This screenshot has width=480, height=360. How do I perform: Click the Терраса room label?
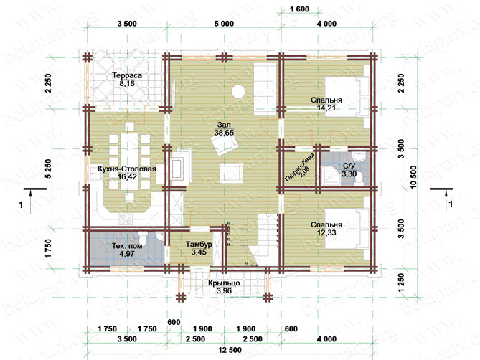(127, 75)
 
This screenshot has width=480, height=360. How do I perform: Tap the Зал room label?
(224, 125)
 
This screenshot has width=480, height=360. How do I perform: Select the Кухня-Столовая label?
(127, 169)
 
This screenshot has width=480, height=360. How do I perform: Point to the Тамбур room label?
(199, 245)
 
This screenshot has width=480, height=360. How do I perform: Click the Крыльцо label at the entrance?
(224, 283)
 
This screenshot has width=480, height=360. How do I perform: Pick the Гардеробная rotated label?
(300, 168)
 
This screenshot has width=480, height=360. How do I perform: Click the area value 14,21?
(326, 108)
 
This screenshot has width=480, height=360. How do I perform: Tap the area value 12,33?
(326, 232)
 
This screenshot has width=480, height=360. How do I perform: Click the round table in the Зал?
(238, 91)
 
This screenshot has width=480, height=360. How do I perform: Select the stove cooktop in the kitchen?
(126, 219)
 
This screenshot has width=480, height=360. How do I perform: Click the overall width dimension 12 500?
(230, 350)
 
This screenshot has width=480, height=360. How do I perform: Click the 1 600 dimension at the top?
(299, 9)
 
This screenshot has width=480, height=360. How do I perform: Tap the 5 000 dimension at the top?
(224, 24)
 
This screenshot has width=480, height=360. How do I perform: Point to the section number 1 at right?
(451, 204)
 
